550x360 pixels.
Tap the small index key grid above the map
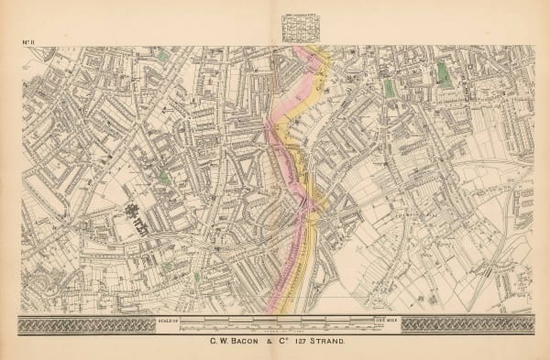pyautogui.click(x=294, y=27)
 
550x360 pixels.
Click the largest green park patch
pyautogui.click(x=444, y=74)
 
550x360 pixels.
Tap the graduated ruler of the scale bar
pyautogui.click(x=275, y=322)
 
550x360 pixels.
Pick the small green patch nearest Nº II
pyautogui.click(x=163, y=57)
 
